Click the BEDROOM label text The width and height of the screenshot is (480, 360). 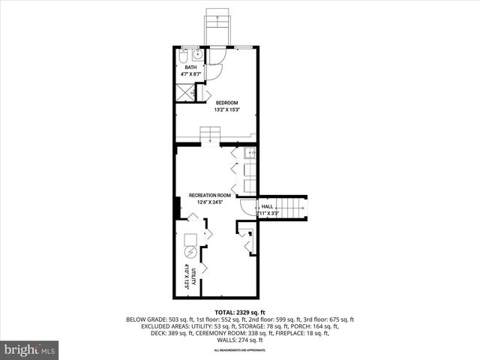[x=226, y=103]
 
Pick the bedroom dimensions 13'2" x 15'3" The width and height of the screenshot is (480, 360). [x=226, y=110]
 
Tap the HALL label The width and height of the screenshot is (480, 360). [x=266, y=206]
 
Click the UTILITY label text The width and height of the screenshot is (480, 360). [x=193, y=277]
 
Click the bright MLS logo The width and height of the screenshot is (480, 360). [x=30, y=349]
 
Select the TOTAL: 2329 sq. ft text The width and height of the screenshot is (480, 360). [x=240, y=311]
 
